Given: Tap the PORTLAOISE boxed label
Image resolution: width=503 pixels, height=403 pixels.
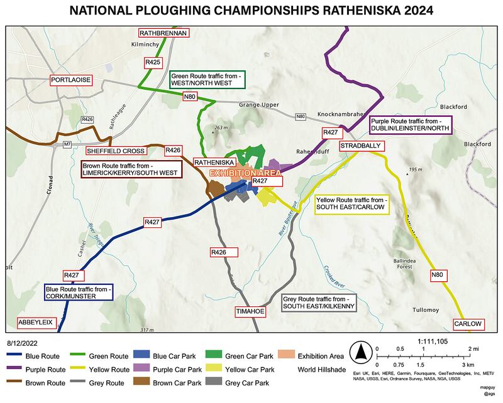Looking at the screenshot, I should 71,80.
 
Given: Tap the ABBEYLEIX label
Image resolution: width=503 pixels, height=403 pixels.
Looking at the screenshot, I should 36,323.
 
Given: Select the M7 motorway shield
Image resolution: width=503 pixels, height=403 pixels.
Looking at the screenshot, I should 67,145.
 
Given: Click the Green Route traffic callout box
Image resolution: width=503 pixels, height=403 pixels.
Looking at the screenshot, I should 208,79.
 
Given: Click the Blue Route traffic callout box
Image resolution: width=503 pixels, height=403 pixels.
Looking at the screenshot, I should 78,293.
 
